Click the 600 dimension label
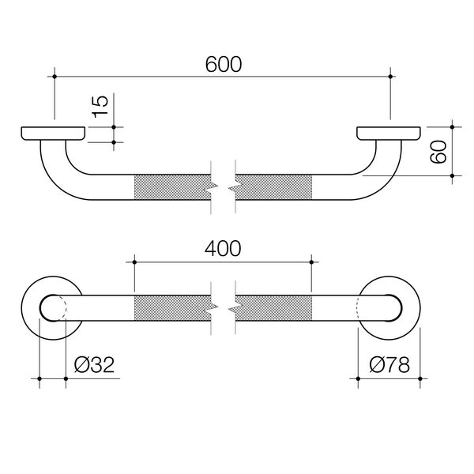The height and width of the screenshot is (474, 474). pyautogui.click(x=224, y=62)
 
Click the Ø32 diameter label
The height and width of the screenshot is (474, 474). pyautogui.click(x=94, y=365)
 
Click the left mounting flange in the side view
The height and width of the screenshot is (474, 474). pyautogui.click(x=52, y=134)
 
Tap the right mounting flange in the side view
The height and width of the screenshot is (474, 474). pyautogui.click(x=390, y=134)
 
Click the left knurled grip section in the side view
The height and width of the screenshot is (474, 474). pyautogui.click(x=172, y=187)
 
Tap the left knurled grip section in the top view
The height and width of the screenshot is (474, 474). pyautogui.click(x=172, y=307)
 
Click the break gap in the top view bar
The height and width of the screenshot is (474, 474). pyautogui.click(x=224, y=308)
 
